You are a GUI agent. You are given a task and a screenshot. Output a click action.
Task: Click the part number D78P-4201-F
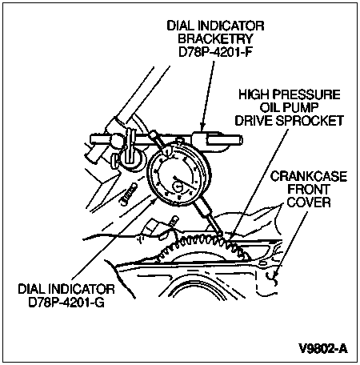215,52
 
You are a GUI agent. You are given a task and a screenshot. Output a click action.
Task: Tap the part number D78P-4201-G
66,303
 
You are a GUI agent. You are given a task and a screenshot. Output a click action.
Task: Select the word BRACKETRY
215,38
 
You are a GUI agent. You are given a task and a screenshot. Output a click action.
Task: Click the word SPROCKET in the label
310,121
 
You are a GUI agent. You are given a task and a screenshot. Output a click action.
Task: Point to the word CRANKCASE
309,177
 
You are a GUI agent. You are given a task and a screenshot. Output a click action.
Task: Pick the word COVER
309,203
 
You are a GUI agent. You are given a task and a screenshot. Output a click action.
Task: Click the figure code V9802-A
323,348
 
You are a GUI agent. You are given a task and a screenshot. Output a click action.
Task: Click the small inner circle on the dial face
177,187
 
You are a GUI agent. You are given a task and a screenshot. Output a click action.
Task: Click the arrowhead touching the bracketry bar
202,126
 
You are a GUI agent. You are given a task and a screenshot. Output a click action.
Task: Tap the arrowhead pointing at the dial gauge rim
153,201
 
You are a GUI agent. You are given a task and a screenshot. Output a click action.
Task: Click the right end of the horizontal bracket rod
242,139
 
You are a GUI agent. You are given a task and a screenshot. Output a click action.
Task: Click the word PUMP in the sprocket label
303,107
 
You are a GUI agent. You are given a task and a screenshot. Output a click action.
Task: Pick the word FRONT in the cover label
308,190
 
